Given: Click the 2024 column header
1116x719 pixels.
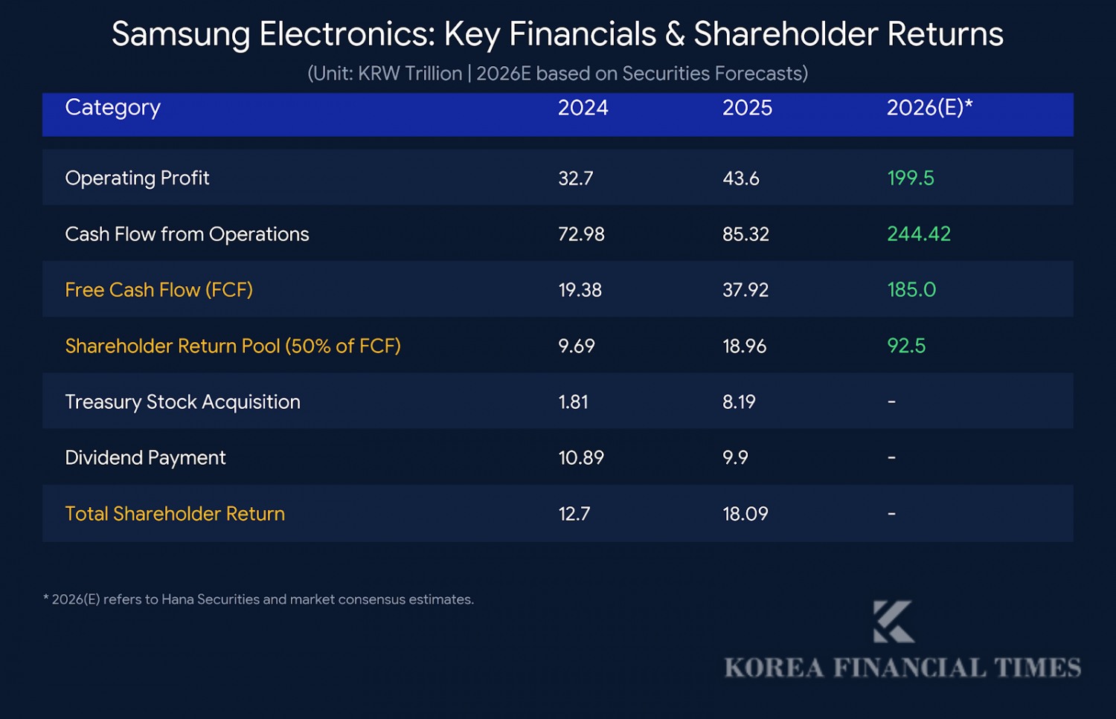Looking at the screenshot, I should click(583, 108).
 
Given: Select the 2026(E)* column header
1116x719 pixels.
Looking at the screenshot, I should click(929, 108).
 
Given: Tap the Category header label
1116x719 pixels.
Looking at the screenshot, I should click(112, 108).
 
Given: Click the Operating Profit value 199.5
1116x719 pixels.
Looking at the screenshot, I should click(910, 178).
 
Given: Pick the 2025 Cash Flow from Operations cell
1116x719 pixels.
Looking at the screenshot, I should click(745, 234).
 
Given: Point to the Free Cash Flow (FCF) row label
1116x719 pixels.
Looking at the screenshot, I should click(158, 290).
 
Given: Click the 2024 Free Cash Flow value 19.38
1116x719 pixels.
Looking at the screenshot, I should click(580, 290).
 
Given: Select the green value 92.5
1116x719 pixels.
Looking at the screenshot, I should click(905, 346).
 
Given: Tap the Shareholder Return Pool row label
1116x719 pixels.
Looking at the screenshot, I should click(232, 346).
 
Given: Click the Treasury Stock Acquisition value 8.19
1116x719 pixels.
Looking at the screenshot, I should click(739, 402).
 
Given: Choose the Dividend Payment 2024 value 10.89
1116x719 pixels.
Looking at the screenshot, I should click(581, 458).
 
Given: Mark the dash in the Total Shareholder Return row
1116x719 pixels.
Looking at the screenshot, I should click(891, 514).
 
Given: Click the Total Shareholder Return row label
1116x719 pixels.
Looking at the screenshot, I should click(175, 514).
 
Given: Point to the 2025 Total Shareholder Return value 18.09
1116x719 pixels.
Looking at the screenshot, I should click(745, 514).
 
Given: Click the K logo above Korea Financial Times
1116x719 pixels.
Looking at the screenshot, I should click(893, 622).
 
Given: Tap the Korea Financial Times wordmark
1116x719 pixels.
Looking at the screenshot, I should click(902, 668).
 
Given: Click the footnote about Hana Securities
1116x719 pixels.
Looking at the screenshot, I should click(258, 599).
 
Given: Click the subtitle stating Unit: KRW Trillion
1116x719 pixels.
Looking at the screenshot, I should click(557, 74).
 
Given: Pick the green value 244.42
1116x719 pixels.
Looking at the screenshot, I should click(918, 234).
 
